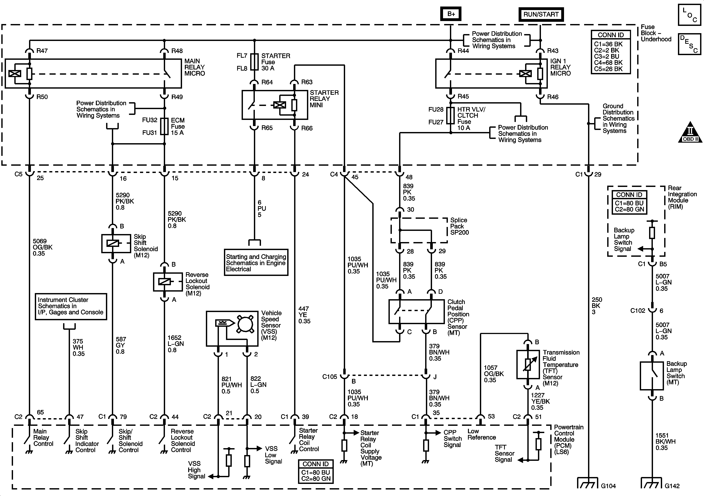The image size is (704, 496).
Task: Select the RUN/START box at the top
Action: point(541,14)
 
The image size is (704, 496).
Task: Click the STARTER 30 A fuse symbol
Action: point(254,62)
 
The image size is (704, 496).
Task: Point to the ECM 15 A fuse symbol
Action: point(165,126)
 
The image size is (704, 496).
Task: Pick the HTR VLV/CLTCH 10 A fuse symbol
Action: point(450,115)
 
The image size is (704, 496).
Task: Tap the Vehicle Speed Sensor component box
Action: point(232,328)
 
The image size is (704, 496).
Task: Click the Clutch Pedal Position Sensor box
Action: point(416,312)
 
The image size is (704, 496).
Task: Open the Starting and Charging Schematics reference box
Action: point(256,262)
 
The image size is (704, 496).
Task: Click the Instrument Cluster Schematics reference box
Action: point(71,306)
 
